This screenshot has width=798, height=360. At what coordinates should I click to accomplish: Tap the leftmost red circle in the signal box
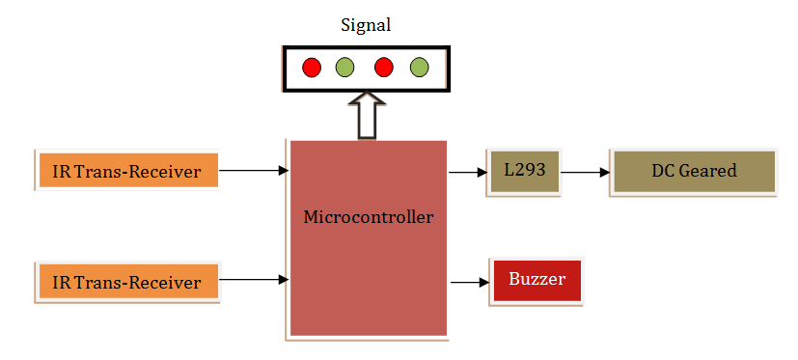(312, 68)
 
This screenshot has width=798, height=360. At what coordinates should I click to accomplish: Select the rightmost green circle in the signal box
(418, 68)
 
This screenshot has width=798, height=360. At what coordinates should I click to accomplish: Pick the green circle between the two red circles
(344, 68)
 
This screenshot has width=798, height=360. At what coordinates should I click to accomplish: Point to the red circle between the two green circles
(383, 68)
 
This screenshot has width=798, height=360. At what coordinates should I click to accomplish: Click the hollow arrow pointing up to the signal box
(366, 115)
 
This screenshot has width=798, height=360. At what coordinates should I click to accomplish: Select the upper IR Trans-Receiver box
(127, 172)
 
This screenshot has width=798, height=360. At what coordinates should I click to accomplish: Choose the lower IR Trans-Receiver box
(127, 282)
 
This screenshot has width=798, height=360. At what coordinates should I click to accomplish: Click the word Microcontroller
(368, 216)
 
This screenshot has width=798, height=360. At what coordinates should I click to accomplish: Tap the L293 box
(524, 172)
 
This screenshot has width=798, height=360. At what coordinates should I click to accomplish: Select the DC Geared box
(692, 172)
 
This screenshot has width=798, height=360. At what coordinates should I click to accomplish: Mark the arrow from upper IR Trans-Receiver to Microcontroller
(254, 171)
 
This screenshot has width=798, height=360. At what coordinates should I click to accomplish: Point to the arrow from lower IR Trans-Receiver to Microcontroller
(254, 280)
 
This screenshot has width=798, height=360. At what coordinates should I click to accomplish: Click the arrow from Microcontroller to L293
(468, 174)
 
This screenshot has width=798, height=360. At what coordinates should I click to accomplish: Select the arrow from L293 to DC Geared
(585, 174)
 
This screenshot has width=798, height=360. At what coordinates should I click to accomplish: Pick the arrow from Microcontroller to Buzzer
(470, 283)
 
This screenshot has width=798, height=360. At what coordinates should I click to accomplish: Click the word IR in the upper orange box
(62, 172)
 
